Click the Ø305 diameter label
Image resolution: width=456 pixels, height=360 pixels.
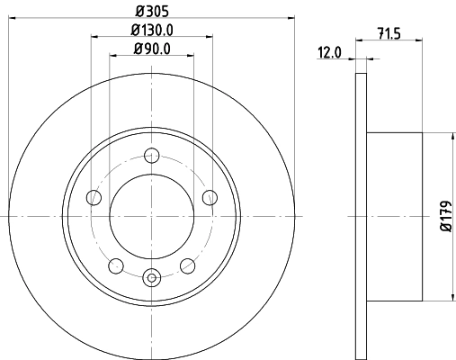point(151,10)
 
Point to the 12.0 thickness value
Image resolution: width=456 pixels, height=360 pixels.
point(329,52)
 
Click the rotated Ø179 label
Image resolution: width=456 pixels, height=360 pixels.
point(443,216)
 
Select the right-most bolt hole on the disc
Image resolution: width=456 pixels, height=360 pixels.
point(210,198)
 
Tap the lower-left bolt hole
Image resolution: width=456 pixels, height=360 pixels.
point(116,265)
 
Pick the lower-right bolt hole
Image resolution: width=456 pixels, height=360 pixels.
point(188,265)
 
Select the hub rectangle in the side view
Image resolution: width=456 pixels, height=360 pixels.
point(395,216)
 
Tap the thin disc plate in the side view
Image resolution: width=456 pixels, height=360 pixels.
point(362,216)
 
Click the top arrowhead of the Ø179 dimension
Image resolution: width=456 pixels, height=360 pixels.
point(450,135)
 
